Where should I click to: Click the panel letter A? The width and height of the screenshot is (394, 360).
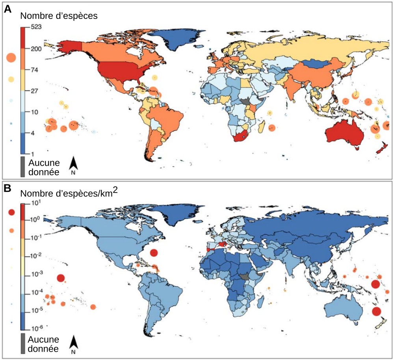click(8, 9)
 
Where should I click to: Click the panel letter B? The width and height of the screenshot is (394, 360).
click(8, 188)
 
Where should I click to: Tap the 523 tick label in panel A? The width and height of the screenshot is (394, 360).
click(36, 27)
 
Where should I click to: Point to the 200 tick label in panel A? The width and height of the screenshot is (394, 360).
click(36, 49)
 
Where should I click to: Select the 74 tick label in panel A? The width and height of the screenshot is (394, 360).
click(35, 70)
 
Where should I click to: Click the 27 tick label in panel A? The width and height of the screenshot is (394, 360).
click(35, 91)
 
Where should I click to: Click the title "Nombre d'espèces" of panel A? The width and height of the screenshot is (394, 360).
click(59, 16)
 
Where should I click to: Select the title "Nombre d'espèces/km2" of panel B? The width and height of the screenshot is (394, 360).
click(69, 193)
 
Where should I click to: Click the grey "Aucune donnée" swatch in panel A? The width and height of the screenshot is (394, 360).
click(22, 167)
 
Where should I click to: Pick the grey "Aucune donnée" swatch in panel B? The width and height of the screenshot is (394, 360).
click(22, 344)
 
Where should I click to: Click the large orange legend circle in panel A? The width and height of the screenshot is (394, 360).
click(11, 58)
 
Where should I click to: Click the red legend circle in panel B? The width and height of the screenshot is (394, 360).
click(11, 212)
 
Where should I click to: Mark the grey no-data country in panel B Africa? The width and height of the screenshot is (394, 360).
click(243, 277)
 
